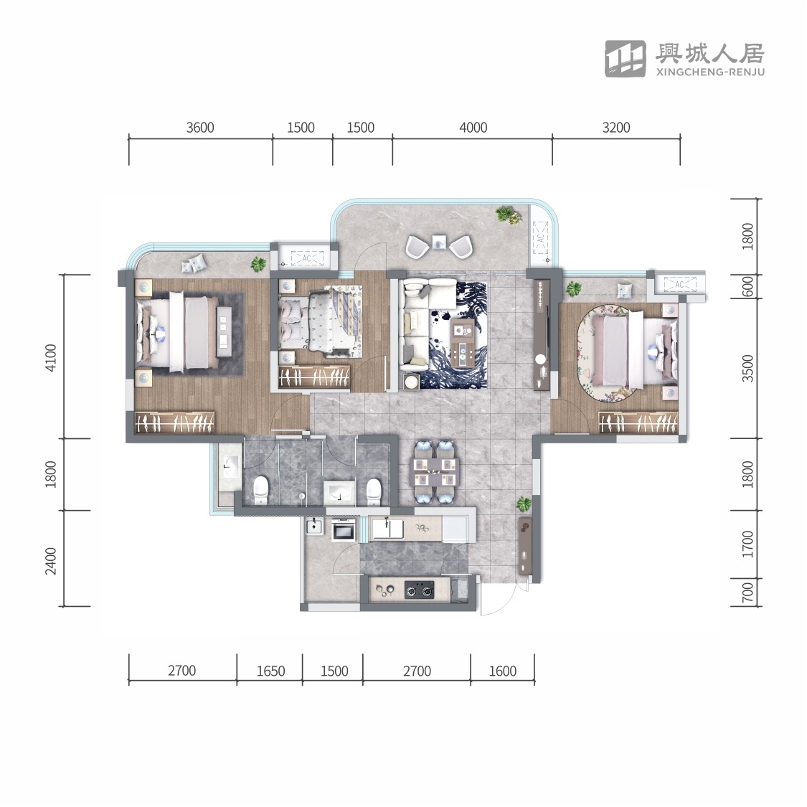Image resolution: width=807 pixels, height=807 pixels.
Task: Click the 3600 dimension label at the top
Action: pos(199,127)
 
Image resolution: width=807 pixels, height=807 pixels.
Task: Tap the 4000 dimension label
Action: pos(473,127)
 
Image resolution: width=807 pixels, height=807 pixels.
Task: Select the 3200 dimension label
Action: pos(616,127)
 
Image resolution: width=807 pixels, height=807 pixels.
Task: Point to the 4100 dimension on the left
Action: pos(51,358)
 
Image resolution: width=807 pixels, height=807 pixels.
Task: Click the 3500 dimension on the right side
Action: pos(747,369)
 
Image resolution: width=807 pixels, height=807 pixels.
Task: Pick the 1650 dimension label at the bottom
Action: pos(270,671)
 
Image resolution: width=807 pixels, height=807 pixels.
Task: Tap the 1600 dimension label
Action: pos(502,671)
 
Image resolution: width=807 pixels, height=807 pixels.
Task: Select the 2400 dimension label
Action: pos(51,561)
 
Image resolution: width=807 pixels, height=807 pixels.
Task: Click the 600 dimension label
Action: pos(747,286)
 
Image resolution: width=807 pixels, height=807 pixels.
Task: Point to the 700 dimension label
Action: pos(747,593)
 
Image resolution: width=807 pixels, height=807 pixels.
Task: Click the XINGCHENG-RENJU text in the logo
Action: pos(710,72)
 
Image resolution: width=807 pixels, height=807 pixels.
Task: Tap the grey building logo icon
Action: pos(626,59)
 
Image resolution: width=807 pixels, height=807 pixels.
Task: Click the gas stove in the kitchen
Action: pos(419,590)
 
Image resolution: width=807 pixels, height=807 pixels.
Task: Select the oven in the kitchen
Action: pos(344,529)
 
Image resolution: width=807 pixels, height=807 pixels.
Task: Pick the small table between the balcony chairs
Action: pos(438,242)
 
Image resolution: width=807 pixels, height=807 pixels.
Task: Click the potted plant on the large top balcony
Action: pos(508,214)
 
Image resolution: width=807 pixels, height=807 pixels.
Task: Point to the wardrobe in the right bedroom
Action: pos(638,422)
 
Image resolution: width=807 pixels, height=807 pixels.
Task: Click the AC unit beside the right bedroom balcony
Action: pos(679,284)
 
